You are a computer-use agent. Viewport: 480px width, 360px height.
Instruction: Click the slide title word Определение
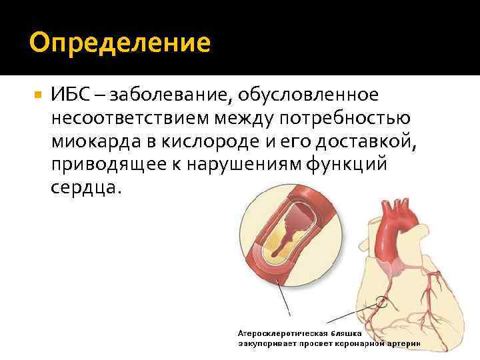pyautogui.click(x=120, y=43)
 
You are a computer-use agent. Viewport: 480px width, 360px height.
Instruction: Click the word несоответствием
pyautogui.click(x=128, y=119)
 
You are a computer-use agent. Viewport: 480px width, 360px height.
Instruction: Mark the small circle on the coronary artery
pyautogui.click(x=382, y=301)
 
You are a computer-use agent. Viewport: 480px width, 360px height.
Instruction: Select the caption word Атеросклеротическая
pyautogui.click(x=280, y=333)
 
